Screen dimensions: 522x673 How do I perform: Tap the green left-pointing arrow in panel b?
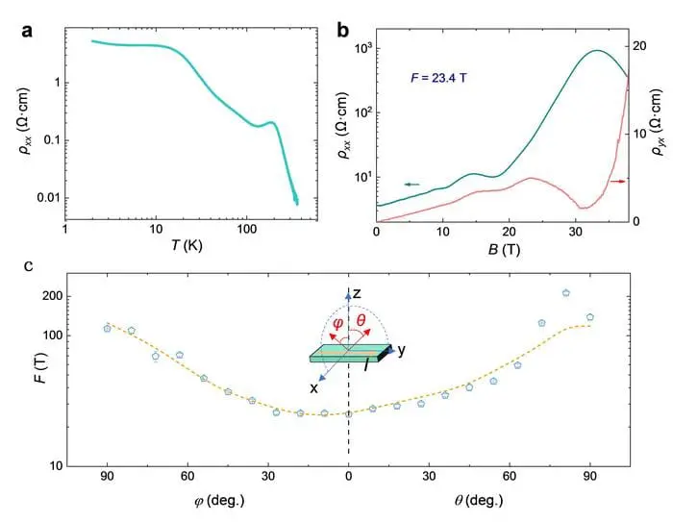tap(411, 184)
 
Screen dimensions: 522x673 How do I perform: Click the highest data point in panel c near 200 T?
tap(566, 293)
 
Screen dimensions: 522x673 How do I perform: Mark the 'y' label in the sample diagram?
tap(401, 351)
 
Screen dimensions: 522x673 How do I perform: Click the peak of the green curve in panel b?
tap(597, 51)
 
